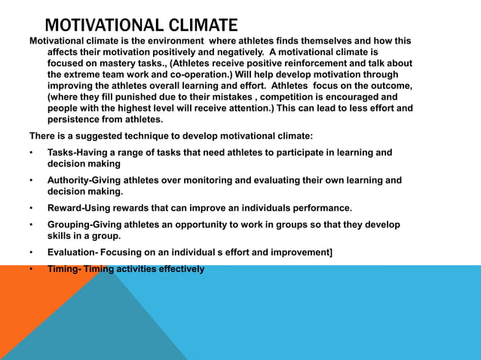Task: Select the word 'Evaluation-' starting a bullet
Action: coord(75,252)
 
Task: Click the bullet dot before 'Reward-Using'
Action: coord(31,208)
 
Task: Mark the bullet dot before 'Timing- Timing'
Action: coord(31,269)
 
